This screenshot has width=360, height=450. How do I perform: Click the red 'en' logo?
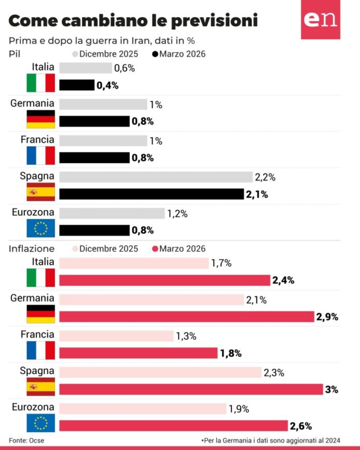pyautogui.click(x=321, y=20)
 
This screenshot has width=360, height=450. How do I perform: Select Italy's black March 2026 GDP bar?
pyautogui.click(x=77, y=85)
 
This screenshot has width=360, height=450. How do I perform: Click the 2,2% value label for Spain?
pyautogui.click(x=265, y=177)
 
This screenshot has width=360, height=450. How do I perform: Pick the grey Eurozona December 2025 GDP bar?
pyautogui.click(x=112, y=213)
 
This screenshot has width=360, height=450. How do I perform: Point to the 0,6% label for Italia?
pyautogui.click(x=124, y=68)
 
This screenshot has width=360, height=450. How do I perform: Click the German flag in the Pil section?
pyautogui.click(x=40, y=119)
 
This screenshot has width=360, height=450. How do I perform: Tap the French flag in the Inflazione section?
pyautogui.click(x=40, y=350)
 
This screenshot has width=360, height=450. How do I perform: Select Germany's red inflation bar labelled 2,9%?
pyautogui.click(x=187, y=317)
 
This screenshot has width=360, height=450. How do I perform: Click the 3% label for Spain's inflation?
pyautogui.click(x=331, y=389)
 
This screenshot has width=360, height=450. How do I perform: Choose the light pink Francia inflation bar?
pyautogui.click(x=116, y=336)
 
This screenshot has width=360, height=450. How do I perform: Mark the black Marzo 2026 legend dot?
pyautogui.click(x=155, y=54)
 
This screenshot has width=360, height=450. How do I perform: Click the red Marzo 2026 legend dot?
pyautogui.click(x=155, y=249)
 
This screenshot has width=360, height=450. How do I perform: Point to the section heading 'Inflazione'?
pyautogui.click(x=31, y=249)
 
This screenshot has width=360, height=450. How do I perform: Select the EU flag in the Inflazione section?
pyautogui.click(x=40, y=423)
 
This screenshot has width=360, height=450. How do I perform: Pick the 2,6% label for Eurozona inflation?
pyautogui.click(x=301, y=426)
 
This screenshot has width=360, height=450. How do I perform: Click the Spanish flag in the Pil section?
pyautogui.click(x=40, y=192)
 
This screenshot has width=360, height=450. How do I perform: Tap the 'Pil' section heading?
pyautogui.click(x=14, y=54)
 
